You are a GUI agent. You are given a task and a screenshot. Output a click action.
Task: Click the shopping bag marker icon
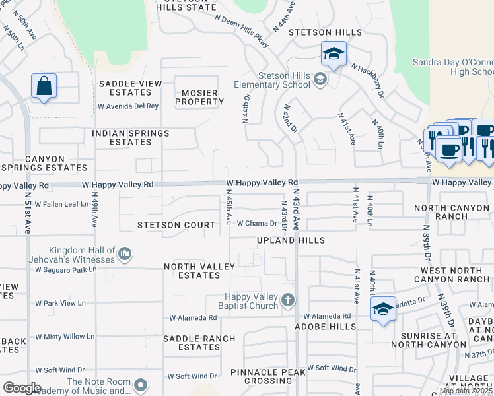(44, 86)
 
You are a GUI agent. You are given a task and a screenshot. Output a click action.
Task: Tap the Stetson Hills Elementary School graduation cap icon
(320, 80)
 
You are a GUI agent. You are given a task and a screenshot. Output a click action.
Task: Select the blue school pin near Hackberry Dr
(334, 54)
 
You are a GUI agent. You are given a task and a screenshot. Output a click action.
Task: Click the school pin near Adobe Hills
(383, 309)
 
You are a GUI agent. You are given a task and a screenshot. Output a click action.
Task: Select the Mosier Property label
(199, 97)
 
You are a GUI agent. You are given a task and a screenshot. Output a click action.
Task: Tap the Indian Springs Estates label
(130, 137)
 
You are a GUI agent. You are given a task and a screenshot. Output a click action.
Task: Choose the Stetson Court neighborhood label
(176, 225)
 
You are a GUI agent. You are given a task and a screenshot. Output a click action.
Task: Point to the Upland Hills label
(291, 241)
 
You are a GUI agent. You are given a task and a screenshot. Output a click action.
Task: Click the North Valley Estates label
(199, 271)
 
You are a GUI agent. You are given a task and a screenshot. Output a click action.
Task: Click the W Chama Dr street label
(257, 224)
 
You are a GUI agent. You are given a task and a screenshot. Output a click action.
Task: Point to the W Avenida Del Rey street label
(128, 106)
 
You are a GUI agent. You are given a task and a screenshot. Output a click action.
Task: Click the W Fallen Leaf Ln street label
(61, 205)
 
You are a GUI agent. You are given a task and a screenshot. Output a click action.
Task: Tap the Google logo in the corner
(22, 387)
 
